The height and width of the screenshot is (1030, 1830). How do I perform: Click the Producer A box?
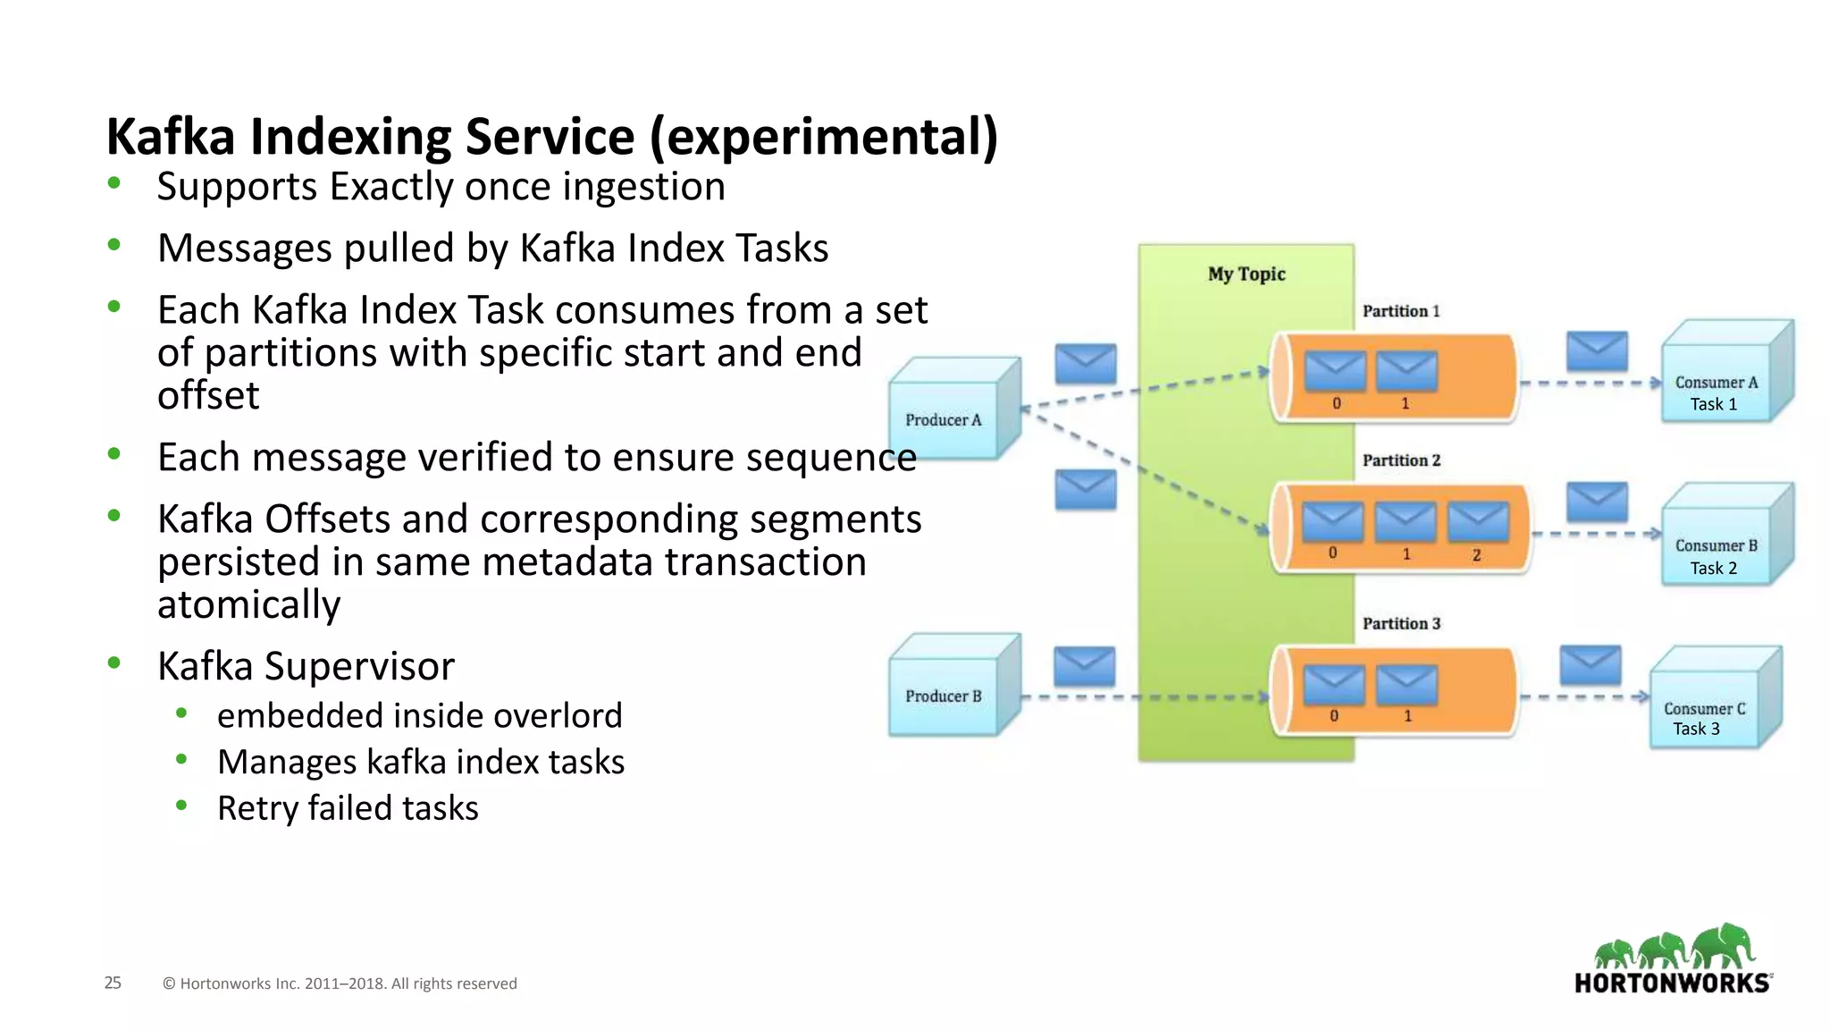[x=944, y=418]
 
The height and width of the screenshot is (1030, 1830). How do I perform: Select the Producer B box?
[x=944, y=695]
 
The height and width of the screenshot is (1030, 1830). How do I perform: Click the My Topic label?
[x=1247, y=274]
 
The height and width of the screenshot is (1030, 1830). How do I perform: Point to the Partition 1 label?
[x=1400, y=311]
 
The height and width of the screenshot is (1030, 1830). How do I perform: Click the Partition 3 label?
[x=1400, y=623]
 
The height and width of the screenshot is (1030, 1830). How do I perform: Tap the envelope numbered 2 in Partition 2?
[x=1478, y=522]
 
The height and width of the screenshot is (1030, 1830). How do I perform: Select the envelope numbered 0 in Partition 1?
[x=1336, y=371]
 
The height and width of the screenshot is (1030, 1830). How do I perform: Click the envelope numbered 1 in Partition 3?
[x=1406, y=685]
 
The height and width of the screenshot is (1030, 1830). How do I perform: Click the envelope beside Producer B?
[x=1084, y=667]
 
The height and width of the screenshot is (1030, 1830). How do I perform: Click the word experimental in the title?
[x=822, y=137]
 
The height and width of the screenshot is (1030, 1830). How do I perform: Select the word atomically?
[x=248, y=605]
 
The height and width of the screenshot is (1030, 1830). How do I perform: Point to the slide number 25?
[x=113, y=983]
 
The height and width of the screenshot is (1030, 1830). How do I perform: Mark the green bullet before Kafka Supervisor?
[x=113, y=663]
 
